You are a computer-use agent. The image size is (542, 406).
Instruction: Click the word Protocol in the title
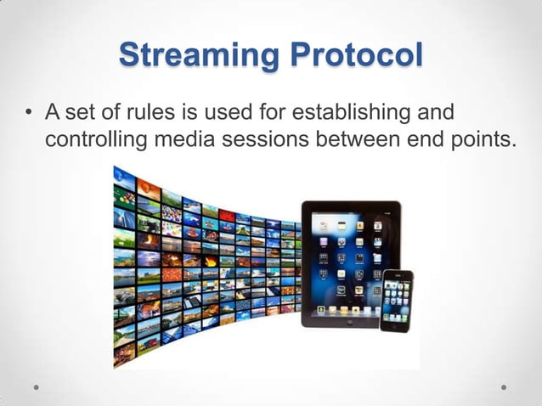pyautogui.click(x=356, y=56)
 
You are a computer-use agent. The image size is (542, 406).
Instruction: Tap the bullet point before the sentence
pyautogui.click(x=29, y=113)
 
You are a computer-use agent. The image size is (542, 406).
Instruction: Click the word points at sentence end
pyautogui.click(x=483, y=138)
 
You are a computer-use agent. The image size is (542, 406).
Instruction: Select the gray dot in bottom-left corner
pyautogui.click(x=37, y=386)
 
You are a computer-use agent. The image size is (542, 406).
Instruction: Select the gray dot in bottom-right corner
pyautogui.click(x=504, y=386)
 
